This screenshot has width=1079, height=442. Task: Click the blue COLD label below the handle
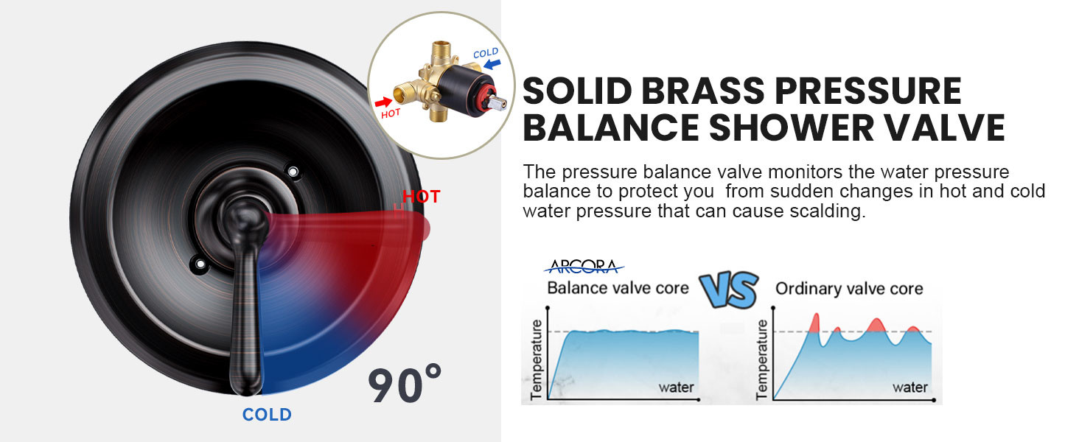[x=267, y=415]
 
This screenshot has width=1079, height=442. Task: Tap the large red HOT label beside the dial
[x=422, y=197]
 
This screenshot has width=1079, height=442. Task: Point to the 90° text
[x=404, y=385]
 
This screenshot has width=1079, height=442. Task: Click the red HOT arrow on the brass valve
[x=384, y=102]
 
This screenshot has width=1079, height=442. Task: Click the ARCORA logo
[x=584, y=266]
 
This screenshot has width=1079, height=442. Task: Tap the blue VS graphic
[x=729, y=290]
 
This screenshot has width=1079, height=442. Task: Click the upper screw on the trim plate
[x=293, y=172]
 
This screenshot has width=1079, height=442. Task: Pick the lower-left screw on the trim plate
[x=200, y=264]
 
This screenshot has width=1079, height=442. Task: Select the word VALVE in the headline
[x=944, y=127]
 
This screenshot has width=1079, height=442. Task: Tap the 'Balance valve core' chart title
[x=618, y=288]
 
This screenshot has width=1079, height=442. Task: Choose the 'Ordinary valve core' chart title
[x=849, y=289]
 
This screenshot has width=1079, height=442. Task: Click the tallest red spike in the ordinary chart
[x=815, y=323]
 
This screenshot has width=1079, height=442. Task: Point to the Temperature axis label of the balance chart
[x=536, y=359]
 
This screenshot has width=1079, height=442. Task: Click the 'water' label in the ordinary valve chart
[x=910, y=387]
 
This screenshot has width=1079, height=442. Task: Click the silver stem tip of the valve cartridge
[x=499, y=102]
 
